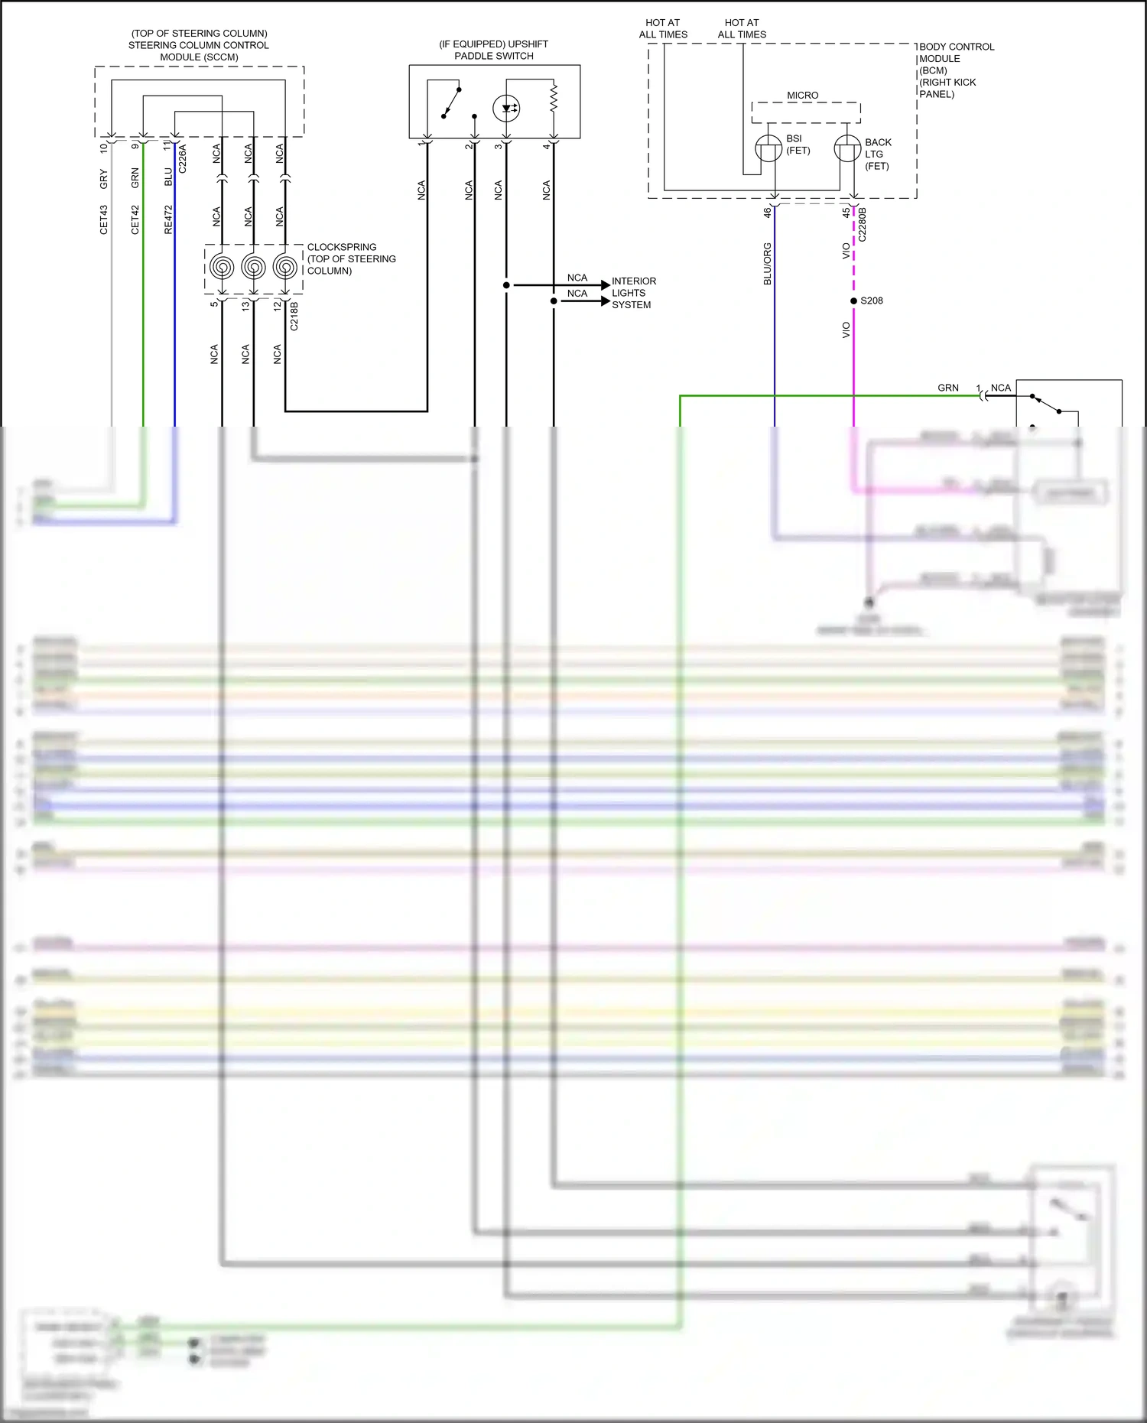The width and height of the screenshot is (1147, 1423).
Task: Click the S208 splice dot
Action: click(x=853, y=301)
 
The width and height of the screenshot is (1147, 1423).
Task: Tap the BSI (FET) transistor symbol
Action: click(x=768, y=148)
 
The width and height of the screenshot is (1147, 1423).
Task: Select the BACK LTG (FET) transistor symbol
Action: click(x=846, y=148)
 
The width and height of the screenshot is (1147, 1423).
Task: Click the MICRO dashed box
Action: click(x=805, y=112)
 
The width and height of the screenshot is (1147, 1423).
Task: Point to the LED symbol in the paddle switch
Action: click(x=506, y=108)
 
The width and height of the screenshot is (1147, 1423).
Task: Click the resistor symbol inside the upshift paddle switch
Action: click(x=554, y=97)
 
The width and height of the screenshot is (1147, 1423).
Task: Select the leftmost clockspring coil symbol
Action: click(x=222, y=267)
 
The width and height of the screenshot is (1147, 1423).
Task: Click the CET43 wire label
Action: click(x=104, y=219)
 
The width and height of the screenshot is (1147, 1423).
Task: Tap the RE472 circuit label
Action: click(x=168, y=219)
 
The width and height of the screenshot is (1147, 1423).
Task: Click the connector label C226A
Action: click(x=182, y=158)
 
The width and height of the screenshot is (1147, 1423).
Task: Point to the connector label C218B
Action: click(x=294, y=316)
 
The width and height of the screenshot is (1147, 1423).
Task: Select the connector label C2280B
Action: click(x=863, y=224)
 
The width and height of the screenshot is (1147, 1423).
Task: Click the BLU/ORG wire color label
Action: click(x=767, y=264)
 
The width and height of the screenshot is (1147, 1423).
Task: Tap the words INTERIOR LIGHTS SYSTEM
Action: click(x=633, y=293)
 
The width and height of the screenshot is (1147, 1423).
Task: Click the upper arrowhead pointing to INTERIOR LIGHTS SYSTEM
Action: click(x=606, y=285)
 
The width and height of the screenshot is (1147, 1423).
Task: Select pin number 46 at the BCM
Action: click(x=767, y=213)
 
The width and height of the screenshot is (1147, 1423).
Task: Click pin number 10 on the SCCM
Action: click(x=103, y=148)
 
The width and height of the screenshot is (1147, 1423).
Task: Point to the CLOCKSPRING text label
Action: click(x=342, y=247)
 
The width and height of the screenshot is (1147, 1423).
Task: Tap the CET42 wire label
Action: click(x=135, y=219)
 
